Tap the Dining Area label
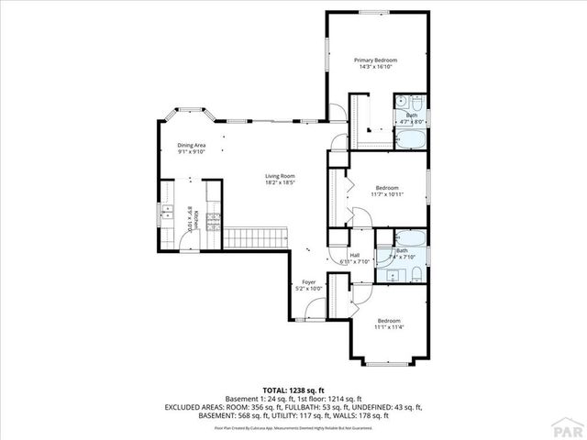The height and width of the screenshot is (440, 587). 192,145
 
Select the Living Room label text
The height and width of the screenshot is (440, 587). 280,176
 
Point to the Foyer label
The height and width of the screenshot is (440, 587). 309,282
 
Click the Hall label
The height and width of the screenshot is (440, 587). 353,256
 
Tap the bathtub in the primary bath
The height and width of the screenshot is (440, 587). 410,139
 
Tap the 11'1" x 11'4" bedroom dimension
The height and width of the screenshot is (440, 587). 390,327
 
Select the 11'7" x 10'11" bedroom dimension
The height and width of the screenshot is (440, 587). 386,194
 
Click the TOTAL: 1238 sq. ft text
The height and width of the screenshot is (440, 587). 293,390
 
